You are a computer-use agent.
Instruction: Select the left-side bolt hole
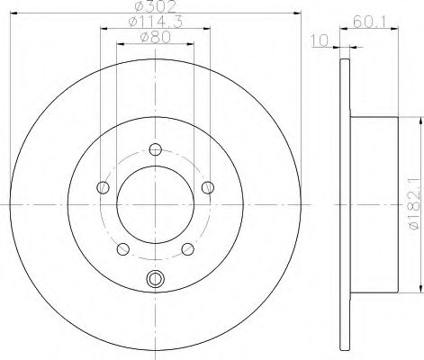(x=103, y=188)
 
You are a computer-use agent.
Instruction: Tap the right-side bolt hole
(x=208, y=187)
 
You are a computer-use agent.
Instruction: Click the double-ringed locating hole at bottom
(x=155, y=279)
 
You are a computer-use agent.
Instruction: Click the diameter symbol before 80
(x=143, y=38)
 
